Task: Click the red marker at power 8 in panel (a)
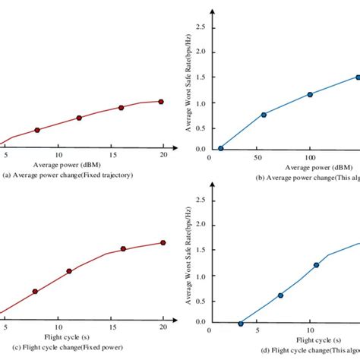pyautogui.click(x=37, y=130)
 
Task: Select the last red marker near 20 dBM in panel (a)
pyautogui.click(x=160, y=101)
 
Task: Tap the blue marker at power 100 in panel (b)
pyautogui.click(x=310, y=94)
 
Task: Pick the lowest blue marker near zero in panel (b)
pyautogui.click(x=221, y=148)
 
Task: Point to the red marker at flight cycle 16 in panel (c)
pyautogui.click(x=124, y=249)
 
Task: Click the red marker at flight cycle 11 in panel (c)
pyautogui.click(x=69, y=271)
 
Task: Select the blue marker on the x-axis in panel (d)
pyautogui.click(x=241, y=324)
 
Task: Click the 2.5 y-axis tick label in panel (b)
pyautogui.click(x=200, y=27)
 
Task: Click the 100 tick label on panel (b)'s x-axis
pyautogui.click(x=309, y=156)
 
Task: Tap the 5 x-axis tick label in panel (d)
pyautogui.click(x=257, y=330)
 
